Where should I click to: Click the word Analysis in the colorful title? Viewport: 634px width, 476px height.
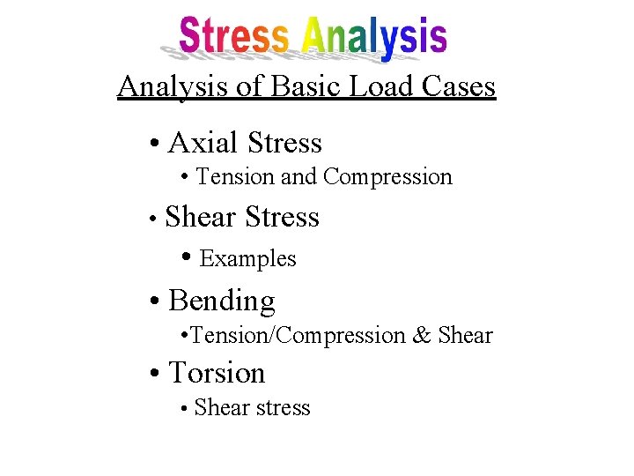click(x=373, y=37)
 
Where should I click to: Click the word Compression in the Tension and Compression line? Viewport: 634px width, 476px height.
click(x=387, y=178)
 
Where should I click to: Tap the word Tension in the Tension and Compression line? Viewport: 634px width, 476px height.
click(x=235, y=177)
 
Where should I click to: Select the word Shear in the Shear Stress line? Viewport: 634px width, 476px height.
click(x=202, y=217)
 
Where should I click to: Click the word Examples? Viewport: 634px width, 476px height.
click(x=248, y=259)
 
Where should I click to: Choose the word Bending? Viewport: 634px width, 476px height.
click(x=222, y=301)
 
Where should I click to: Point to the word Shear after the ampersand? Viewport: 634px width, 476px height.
click(x=465, y=336)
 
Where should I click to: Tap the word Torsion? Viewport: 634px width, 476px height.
click(x=217, y=373)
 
